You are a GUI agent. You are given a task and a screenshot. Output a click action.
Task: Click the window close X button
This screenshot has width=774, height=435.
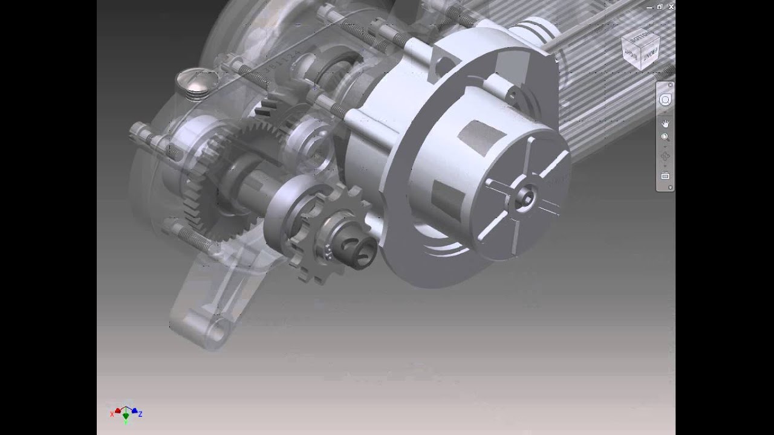pos(671,7)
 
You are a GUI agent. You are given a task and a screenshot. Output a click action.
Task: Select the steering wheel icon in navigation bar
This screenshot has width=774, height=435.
pos(665,100)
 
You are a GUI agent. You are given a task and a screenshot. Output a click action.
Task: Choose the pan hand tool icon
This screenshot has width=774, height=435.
pos(665,123)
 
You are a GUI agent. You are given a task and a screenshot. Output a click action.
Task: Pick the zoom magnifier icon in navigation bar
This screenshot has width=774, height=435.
pos(665,138)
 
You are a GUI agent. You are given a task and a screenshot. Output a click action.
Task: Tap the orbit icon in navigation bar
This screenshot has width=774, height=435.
pos(665,156)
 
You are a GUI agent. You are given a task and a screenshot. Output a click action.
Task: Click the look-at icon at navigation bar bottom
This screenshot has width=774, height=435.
pos(665,176)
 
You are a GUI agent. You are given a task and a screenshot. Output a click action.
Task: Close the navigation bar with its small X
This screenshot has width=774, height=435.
pos(670,85)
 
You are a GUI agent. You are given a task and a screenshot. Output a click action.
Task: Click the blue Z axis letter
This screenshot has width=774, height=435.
pos(140,414)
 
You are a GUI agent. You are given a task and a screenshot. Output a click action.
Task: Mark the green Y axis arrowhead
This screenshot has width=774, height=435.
pos(126,416)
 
